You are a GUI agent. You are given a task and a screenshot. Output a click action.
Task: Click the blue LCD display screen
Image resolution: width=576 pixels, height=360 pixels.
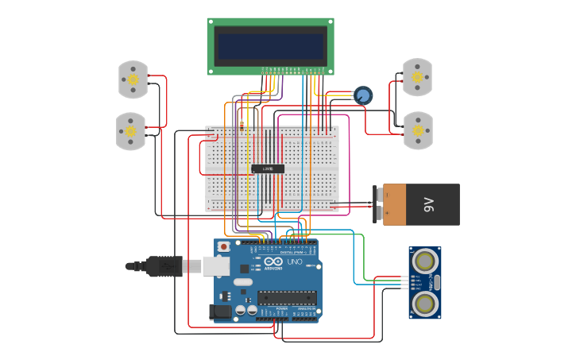point(270,45)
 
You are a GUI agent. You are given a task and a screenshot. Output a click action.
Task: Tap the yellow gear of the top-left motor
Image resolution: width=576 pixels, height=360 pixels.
point(133,79)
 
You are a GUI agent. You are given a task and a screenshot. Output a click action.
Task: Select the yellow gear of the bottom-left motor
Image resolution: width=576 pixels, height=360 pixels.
point(130,130)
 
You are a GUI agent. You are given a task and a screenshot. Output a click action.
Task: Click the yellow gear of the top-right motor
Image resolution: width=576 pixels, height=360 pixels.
point(417,77)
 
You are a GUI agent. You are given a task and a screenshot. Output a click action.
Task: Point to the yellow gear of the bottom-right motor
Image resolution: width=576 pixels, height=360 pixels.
point(418,130)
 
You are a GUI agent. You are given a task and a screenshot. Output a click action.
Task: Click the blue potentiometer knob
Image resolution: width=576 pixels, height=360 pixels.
point(363,96)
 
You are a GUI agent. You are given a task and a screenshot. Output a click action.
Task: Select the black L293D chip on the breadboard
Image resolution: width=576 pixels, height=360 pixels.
point(268,168)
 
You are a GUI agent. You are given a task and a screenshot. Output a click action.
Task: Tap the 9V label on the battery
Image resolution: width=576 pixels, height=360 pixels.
point(430,204)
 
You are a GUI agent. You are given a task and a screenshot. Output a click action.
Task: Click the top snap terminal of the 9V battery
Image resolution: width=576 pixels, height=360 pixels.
point(377,193)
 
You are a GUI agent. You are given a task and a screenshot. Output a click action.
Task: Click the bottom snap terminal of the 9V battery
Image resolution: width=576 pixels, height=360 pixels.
point(377,213)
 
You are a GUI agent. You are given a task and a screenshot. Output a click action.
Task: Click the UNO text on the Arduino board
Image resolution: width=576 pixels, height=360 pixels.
point(294,261)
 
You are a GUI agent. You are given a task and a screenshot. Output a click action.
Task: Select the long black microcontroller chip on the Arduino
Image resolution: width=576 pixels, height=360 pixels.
point(286,297)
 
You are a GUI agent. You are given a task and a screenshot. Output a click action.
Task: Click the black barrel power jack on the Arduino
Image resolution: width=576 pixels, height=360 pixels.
point(222,312)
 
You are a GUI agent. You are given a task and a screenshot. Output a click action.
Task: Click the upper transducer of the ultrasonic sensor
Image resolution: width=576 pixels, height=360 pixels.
point(426,260)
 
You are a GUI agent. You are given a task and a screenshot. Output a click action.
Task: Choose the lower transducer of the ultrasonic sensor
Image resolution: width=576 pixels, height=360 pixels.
point(426,303)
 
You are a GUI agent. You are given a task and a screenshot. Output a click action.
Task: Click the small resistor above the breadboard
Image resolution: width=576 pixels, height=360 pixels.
point(242,124)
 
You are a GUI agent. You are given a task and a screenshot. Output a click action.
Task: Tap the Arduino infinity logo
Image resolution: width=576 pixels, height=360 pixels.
point(273,261)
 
